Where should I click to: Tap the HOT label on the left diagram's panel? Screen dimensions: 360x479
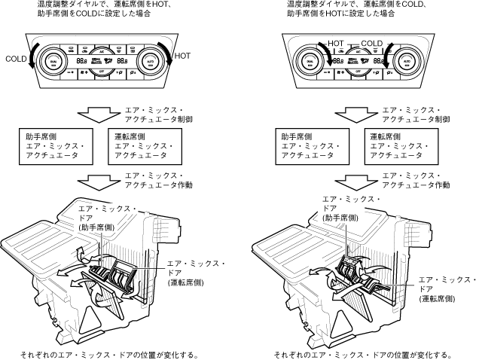182,55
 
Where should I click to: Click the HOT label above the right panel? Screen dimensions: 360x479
335,44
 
